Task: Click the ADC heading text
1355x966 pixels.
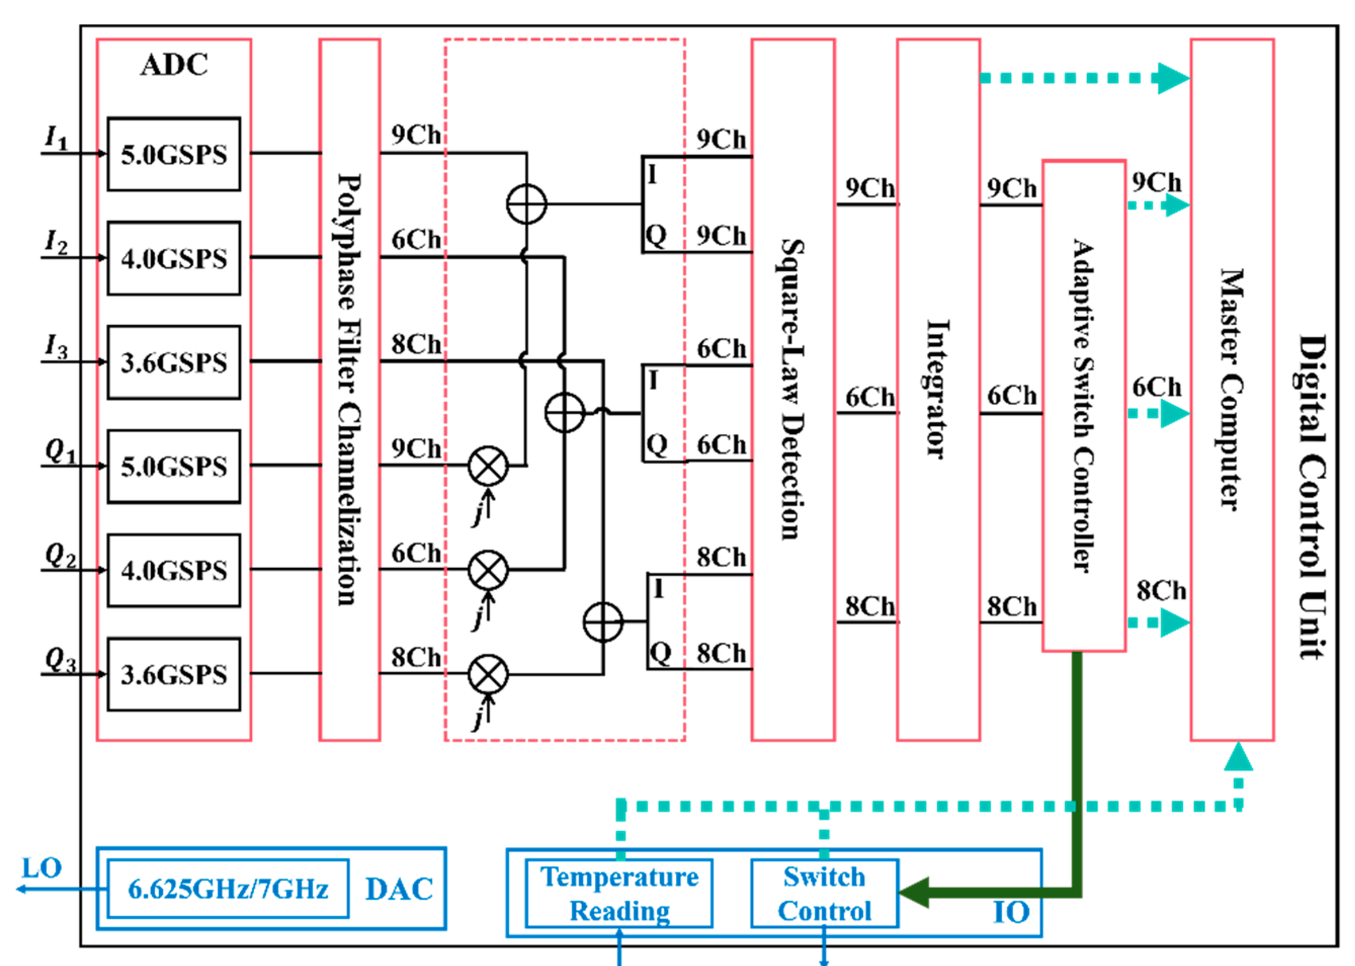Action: pyautogui.click(x=174, y=65)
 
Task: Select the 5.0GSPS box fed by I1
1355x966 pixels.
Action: pyautogui.click(x=174, y=154)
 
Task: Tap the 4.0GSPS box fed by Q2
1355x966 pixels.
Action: pyautogui.click(x=174, y=570)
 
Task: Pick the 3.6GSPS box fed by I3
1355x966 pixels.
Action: pyautogui.click(x=174, y=362)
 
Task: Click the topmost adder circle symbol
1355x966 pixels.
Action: pyautogui.click(x=526, y=204)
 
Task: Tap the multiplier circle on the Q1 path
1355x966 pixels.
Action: pyautogui.click(x=488, y=467)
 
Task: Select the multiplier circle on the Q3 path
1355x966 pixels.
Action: pyautogui.click(x=488, y=675)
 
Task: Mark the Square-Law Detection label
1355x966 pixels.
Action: pyautogui.click(x=792, y=390)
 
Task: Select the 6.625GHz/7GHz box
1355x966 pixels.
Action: pyautogui.click(x=228, y=889)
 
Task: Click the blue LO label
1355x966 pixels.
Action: pyautogui.click(x=41, y=868)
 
